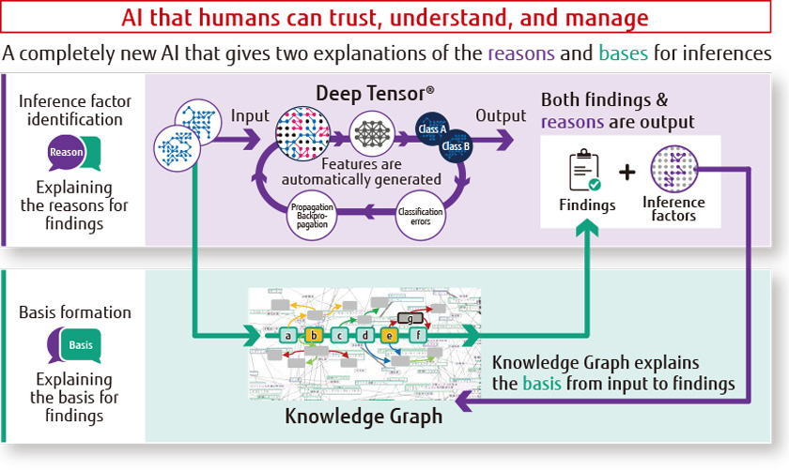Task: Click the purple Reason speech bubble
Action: (x=72, y=151)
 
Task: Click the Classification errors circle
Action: (x=420, y=212)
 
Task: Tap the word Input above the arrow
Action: (x=250, y=115)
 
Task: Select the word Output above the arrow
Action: (x=500, y=115)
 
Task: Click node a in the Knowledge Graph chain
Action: (x=290, y=334)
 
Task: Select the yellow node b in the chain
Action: (x=315, y=334)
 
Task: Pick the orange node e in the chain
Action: (x=390, y=334)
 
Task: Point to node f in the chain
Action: (x=419, y=334)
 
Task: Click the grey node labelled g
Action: (x=410, y=319)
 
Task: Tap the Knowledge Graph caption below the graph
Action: (x=364, y=415)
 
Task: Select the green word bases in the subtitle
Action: (x=622, y=54)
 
